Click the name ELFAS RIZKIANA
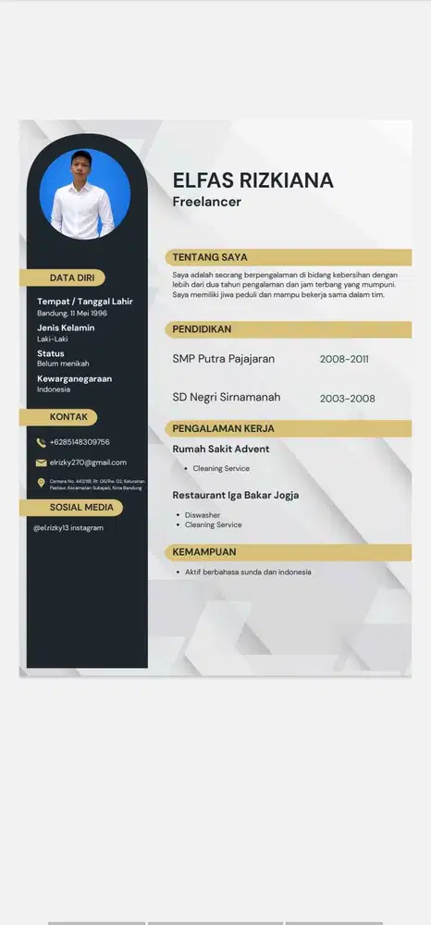(252, 180)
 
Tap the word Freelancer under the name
(206, 202)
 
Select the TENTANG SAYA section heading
(210, 257)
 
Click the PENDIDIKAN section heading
(202, 329)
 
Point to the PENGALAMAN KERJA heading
(223, 428)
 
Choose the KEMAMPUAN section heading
(204, 552)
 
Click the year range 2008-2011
(344, 359)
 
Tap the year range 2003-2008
(347, 399)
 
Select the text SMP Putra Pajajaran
(223, 359)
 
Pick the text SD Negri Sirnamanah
(226, 398)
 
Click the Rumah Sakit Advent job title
(221, 450)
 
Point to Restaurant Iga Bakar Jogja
(235, 495)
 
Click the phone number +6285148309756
(80, 442)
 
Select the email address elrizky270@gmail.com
(88, 462)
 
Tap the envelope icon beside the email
(41, 462)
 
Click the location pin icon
(41, 483)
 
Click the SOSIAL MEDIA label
(82, 507)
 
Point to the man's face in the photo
(83, 173)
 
